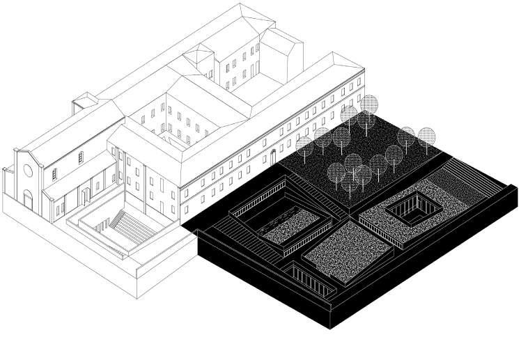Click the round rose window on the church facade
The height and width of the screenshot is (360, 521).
[x=27, y=169]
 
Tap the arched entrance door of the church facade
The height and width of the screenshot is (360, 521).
[x=28, y=201]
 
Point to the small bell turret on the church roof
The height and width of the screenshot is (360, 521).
[x=83, y=104]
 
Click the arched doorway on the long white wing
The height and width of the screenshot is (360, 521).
[x=273, y=155]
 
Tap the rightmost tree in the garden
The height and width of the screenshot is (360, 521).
[x=426, y=137]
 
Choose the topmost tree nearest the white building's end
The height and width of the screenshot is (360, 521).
[x=369, y=104]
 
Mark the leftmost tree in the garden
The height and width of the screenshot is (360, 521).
[x=304, y=146]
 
